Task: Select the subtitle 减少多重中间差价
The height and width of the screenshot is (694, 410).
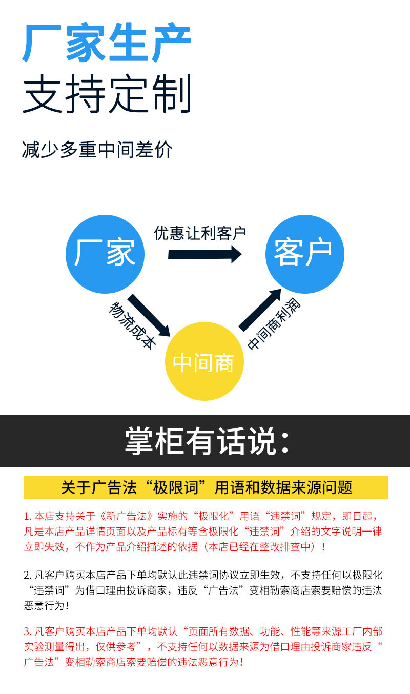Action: (97, 150)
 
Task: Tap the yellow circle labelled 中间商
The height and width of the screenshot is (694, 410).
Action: (204, 362)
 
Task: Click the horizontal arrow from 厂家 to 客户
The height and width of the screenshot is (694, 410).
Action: (204, 254)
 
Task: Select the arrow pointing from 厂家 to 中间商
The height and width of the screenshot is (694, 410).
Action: (148, 315)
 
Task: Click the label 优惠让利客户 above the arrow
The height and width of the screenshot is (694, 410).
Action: (200, 233)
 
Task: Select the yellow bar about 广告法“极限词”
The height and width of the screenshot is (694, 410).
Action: (206, 487)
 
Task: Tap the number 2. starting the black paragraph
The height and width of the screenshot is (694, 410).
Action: (28, 575)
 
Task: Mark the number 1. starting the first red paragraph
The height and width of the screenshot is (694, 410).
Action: (28, 516)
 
